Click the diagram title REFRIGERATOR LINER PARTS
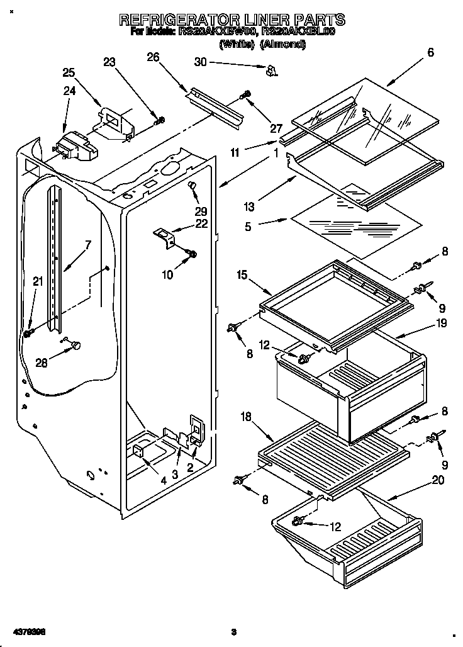pos(232,20)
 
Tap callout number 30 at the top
pos(200,62)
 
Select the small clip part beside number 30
pos(271,70)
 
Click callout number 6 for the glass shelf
pos(430,53)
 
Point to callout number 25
pos(68,72)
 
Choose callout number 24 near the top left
pos(69,91)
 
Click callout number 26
pos(152,57)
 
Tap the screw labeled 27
pos(245,96)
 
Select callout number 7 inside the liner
pos(88,245)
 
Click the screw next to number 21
pos(28,332)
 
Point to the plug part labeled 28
pos(76,344)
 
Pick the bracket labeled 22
pos(165,236)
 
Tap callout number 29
pos(200,211)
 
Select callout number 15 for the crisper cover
pos(241,275)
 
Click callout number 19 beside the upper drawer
pos(440,323)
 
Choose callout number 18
pos(247,417)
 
